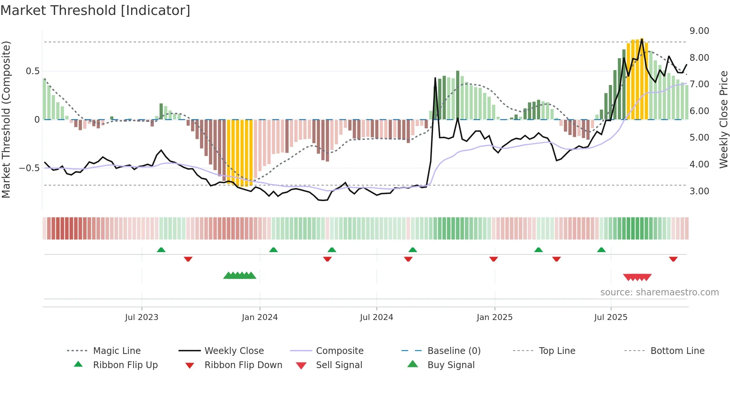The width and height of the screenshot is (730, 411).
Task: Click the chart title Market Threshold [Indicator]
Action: point(95,10)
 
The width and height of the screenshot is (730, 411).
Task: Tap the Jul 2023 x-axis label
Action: point(142,317)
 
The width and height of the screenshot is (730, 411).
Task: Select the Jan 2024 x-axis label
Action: point(260,317)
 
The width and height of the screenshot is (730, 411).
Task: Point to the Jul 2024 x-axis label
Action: point(377,317)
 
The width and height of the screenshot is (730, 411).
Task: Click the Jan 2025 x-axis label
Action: point(495,317)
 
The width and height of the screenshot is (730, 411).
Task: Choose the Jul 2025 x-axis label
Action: point(611,317)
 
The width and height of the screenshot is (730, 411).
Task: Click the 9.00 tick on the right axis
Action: point(699,31)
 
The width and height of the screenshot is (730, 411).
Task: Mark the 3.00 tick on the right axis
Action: point(699,191)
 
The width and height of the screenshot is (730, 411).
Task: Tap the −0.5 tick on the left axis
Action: point(29,168)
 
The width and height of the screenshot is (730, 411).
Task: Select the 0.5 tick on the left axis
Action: point(32,71)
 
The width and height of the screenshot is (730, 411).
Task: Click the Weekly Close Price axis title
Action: point(723,119)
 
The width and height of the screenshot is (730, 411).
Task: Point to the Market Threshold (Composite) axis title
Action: point(6,119)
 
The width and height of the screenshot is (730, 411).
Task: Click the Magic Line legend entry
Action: point(117,351)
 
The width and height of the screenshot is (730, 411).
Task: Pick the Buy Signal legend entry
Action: point(451,365)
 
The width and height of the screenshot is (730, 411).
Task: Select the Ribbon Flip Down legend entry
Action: point(243,365)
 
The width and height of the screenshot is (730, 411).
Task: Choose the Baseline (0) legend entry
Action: point(454,351)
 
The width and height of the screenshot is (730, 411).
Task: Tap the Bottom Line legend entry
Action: point(677,351)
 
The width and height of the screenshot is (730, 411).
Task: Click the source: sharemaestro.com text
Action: point(659,292)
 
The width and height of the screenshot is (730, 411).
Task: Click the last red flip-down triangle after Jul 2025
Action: point(673,259)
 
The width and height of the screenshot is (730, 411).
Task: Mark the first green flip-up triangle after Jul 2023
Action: point(161,250)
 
